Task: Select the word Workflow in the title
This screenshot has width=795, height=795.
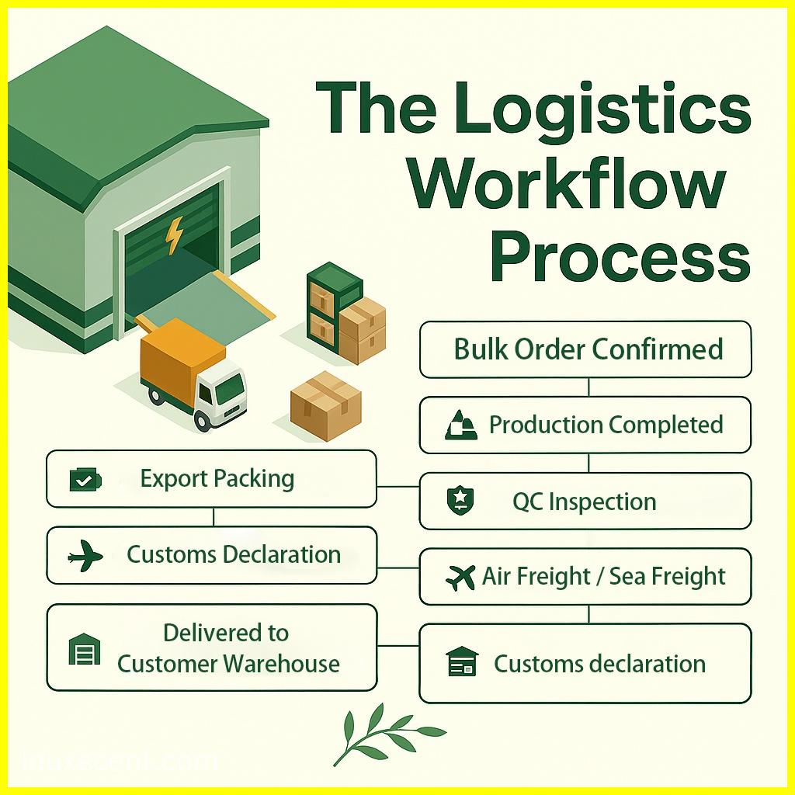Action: [x=567, y=182]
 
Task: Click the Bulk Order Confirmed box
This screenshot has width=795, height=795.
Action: [x=585, y=349]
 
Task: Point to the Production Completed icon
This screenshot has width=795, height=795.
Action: [x=460, y=425]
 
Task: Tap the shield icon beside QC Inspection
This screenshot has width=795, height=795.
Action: [x=460, y=501]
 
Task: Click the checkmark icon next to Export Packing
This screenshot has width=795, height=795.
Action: [x=85, y=480]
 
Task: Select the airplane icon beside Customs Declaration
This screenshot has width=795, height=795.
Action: [x=85, y=556]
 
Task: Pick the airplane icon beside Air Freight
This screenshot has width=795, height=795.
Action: [x=460, y=577]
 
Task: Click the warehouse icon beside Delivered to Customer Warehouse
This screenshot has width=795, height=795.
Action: [x=84, y=648]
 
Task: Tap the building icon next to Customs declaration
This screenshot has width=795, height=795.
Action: [x=462, y=661]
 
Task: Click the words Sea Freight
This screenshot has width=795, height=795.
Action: [x=667, y=577]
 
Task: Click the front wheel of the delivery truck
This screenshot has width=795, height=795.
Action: [x=203, y=420]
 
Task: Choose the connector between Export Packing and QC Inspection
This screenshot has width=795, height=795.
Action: [x=398, y=487]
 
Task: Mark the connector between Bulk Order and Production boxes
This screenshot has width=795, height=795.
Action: [x=588, y=387]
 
